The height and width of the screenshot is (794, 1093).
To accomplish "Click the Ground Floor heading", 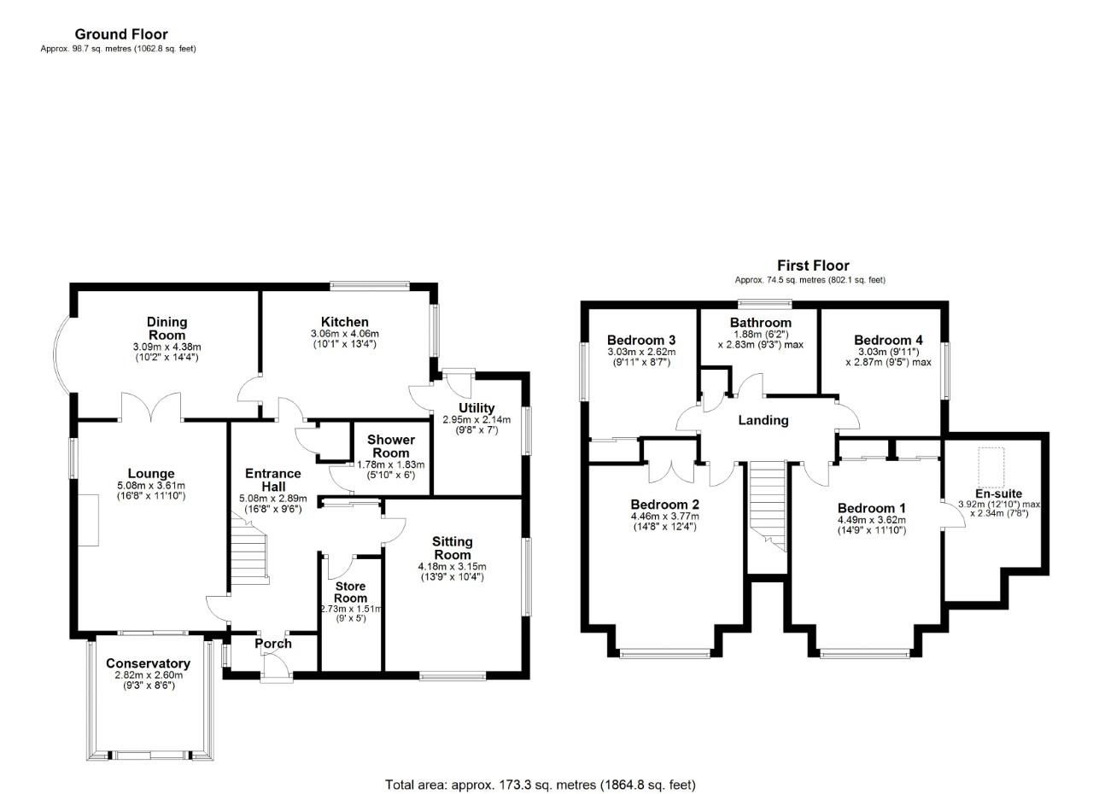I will pos(121,34).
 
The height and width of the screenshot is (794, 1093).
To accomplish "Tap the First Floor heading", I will pos(812,266).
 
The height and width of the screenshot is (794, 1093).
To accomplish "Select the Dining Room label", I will pos(166,329).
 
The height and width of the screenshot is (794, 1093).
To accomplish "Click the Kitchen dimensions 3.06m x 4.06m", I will pos(345,334).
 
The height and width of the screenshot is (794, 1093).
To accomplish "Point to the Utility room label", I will pos(476,408).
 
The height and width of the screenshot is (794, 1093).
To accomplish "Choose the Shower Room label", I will pos(391,446).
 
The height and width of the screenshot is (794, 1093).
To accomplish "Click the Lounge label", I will pos(151,474).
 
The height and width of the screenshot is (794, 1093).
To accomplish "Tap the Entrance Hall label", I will pos(272,480).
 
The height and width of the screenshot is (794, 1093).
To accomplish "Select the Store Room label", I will pos(350,592).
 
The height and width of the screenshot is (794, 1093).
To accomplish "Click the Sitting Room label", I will pos(452,548).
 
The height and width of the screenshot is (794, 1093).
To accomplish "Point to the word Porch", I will pos(273,644).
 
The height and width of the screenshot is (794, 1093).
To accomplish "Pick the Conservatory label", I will pos(148,663).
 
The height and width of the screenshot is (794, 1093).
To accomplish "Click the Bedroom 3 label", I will pos(641,340).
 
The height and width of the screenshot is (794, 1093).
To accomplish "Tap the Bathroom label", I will pos(760,323).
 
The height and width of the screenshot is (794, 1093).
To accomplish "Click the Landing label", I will pos(763,420).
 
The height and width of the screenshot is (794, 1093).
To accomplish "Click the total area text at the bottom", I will pos(541,784).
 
